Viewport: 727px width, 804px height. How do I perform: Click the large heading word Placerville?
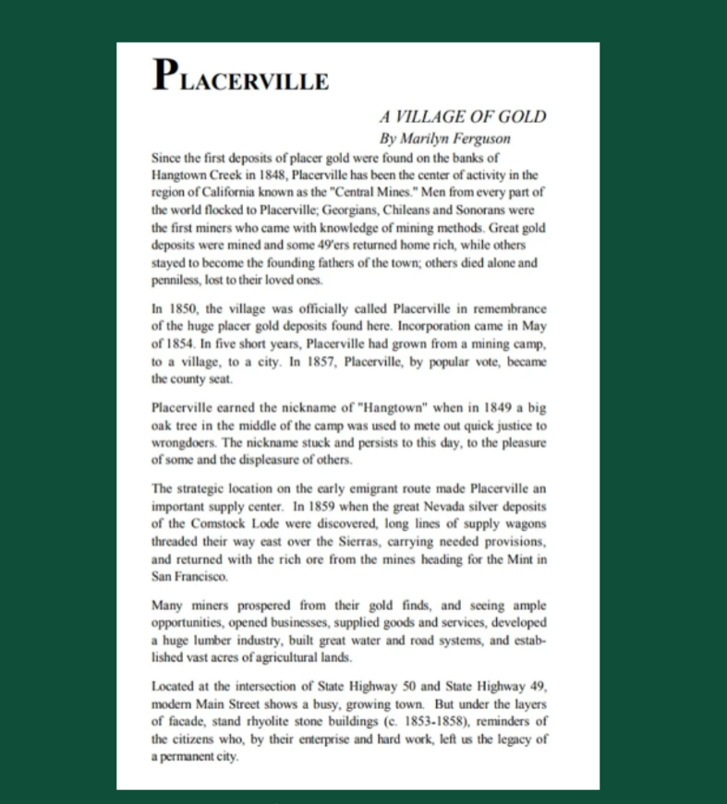(241, 76)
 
